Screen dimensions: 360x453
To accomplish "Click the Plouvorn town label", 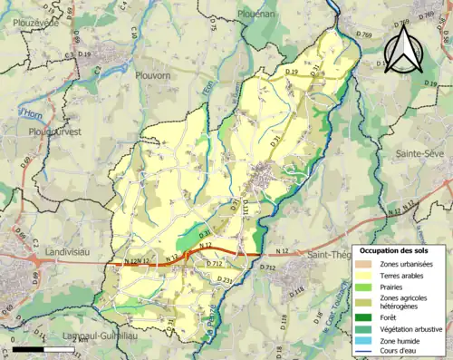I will [153, 76].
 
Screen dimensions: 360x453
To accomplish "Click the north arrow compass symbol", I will [403, 50].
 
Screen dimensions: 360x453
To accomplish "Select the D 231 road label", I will [226, 283].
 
